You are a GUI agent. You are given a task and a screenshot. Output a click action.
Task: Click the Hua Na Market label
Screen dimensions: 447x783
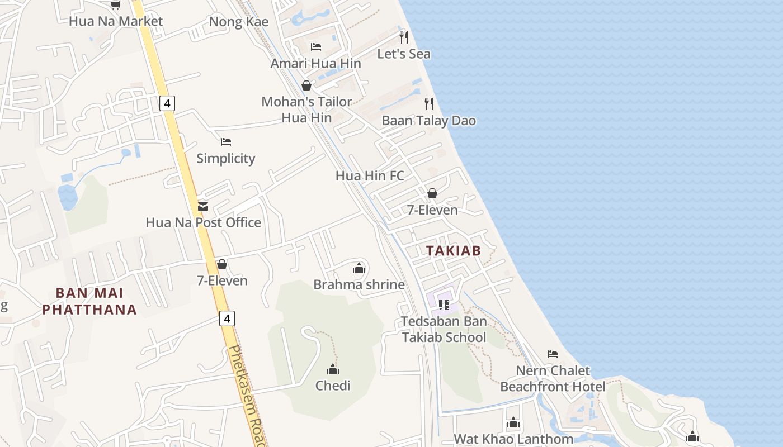[116, 21]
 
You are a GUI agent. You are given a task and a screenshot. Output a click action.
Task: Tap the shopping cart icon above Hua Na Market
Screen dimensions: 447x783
[115, 5]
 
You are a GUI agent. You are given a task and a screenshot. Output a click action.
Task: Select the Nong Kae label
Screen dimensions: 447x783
[238, 22]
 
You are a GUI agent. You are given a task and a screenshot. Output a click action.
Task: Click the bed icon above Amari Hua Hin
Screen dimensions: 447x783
[316, 46]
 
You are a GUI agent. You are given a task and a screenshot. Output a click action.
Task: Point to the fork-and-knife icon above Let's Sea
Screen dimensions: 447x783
[404, 37]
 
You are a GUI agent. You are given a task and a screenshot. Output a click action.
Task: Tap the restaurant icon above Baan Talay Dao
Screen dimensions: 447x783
[429, 103]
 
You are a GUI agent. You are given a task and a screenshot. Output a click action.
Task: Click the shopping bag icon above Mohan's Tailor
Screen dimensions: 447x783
[306, 85]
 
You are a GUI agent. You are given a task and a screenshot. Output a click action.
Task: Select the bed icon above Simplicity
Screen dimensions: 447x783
[226, 141]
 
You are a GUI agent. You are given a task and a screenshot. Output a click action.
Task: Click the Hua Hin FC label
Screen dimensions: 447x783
[370, 175]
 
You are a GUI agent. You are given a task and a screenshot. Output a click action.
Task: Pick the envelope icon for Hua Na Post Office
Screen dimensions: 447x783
[203, 206]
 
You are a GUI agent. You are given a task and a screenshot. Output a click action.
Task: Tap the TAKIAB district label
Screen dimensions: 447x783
[454, 251]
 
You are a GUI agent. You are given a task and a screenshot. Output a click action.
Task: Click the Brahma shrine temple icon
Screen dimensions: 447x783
[359, 268]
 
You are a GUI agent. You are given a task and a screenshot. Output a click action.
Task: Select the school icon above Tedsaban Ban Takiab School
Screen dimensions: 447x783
[444, 305]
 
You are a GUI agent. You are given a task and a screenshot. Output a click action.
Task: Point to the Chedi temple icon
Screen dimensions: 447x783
[333, 369]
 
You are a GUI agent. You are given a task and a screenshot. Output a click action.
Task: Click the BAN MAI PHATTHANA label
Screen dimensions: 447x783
[89, 301]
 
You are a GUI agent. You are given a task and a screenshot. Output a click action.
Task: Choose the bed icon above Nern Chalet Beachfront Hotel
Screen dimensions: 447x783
[553, 354]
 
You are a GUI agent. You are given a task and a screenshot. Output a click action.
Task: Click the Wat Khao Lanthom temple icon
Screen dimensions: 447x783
[513, 423]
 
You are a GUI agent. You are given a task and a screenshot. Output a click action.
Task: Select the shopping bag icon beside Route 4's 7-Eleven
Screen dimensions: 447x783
[222, 264]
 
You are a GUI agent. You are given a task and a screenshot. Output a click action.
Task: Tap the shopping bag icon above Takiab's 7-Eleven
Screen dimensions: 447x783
[432, 193]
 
